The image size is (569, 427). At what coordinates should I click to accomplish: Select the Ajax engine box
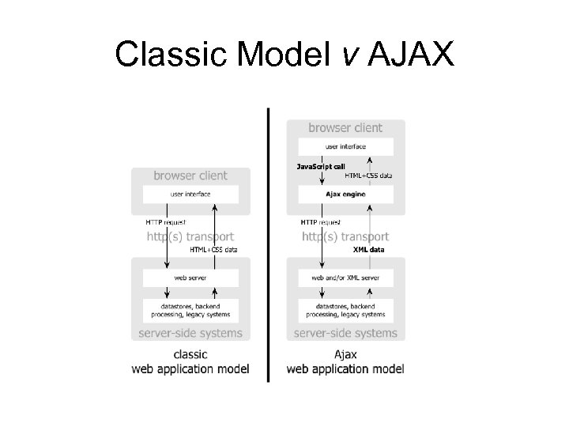tap(345, 194)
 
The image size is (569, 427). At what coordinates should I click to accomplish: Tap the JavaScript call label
tap(320, 167)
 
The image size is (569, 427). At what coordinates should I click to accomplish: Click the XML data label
tap(368, 249)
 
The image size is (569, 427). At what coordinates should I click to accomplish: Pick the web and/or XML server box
tap(345, 278)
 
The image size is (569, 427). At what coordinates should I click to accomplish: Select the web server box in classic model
tap(190, 278)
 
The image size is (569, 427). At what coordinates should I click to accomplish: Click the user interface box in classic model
tap(190, 194)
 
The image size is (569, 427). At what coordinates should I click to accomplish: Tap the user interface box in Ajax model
tap(345, 146)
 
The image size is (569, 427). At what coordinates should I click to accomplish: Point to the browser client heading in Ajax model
tap(345, 127)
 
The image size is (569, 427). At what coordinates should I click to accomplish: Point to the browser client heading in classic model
tap(190, 176)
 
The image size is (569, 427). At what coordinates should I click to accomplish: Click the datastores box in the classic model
tap(190, 310)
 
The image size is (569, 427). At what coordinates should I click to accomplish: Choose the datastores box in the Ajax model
tap(345, 310)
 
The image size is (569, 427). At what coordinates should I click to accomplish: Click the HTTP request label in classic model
tap(165, 222)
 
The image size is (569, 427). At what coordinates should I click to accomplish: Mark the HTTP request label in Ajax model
tap(320, 222)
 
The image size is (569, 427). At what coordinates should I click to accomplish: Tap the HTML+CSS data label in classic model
tap(213, 249)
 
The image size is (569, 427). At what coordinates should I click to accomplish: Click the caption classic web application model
tap(190, 361)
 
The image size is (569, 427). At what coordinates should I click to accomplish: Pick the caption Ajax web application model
tap(345, 361)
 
